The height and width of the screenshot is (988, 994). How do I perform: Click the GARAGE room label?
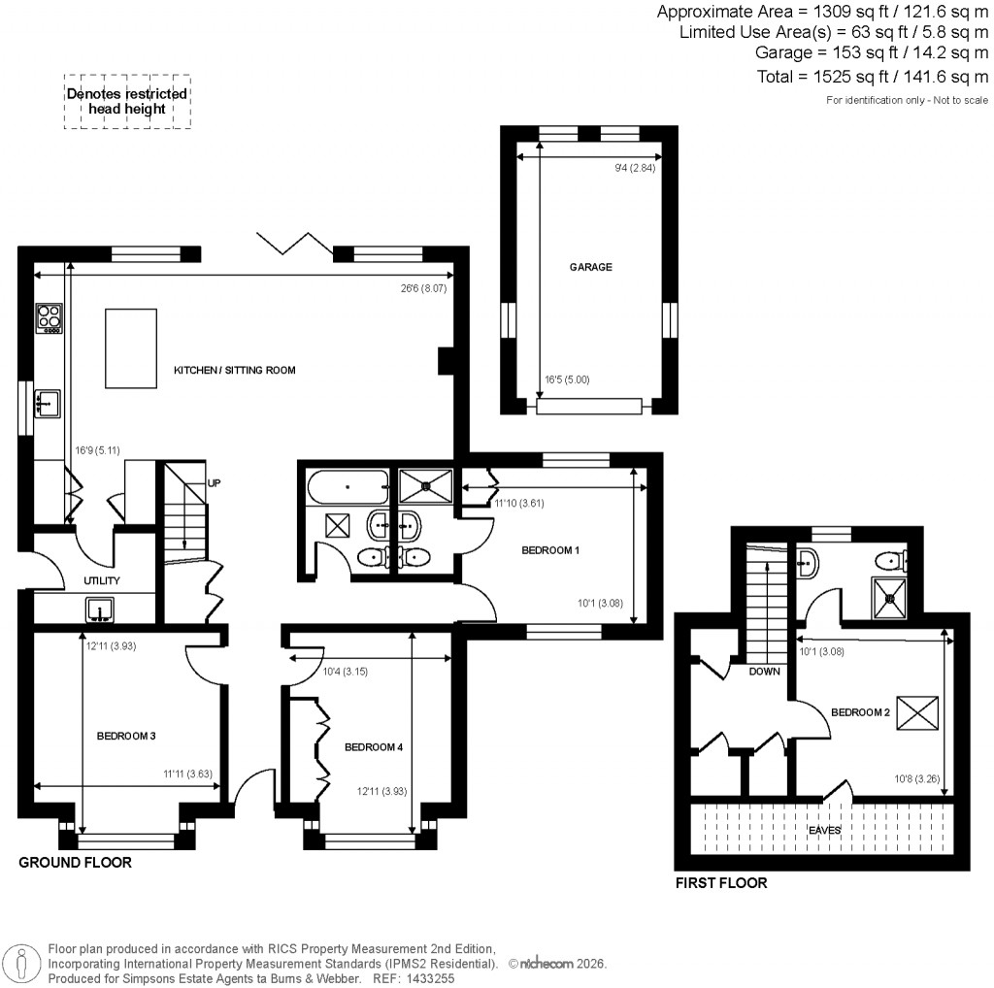(x=590, y=267)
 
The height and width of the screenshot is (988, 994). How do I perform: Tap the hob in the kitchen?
(x=49, y=317)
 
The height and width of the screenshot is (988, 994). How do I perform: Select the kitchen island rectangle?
(x=131, y=346)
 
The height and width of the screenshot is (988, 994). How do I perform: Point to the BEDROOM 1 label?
(x=550, y=550)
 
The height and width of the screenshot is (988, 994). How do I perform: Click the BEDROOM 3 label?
(x=126, y=736)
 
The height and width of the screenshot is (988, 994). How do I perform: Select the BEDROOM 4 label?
(x=373, y=747)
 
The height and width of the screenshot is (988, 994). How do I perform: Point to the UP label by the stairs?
(x=214, y=481)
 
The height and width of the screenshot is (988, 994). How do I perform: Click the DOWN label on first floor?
(x=764, y=671)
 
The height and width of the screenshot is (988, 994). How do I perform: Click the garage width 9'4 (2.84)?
(x=637, y=169)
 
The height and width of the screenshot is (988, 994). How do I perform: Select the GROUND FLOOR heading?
(x=76, y=862)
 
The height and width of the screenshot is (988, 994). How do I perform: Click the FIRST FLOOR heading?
(x=721, y=883)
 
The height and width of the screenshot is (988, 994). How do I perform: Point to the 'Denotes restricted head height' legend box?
(x=127, y=102)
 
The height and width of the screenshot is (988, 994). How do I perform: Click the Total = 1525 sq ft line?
(x=872, y=77)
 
